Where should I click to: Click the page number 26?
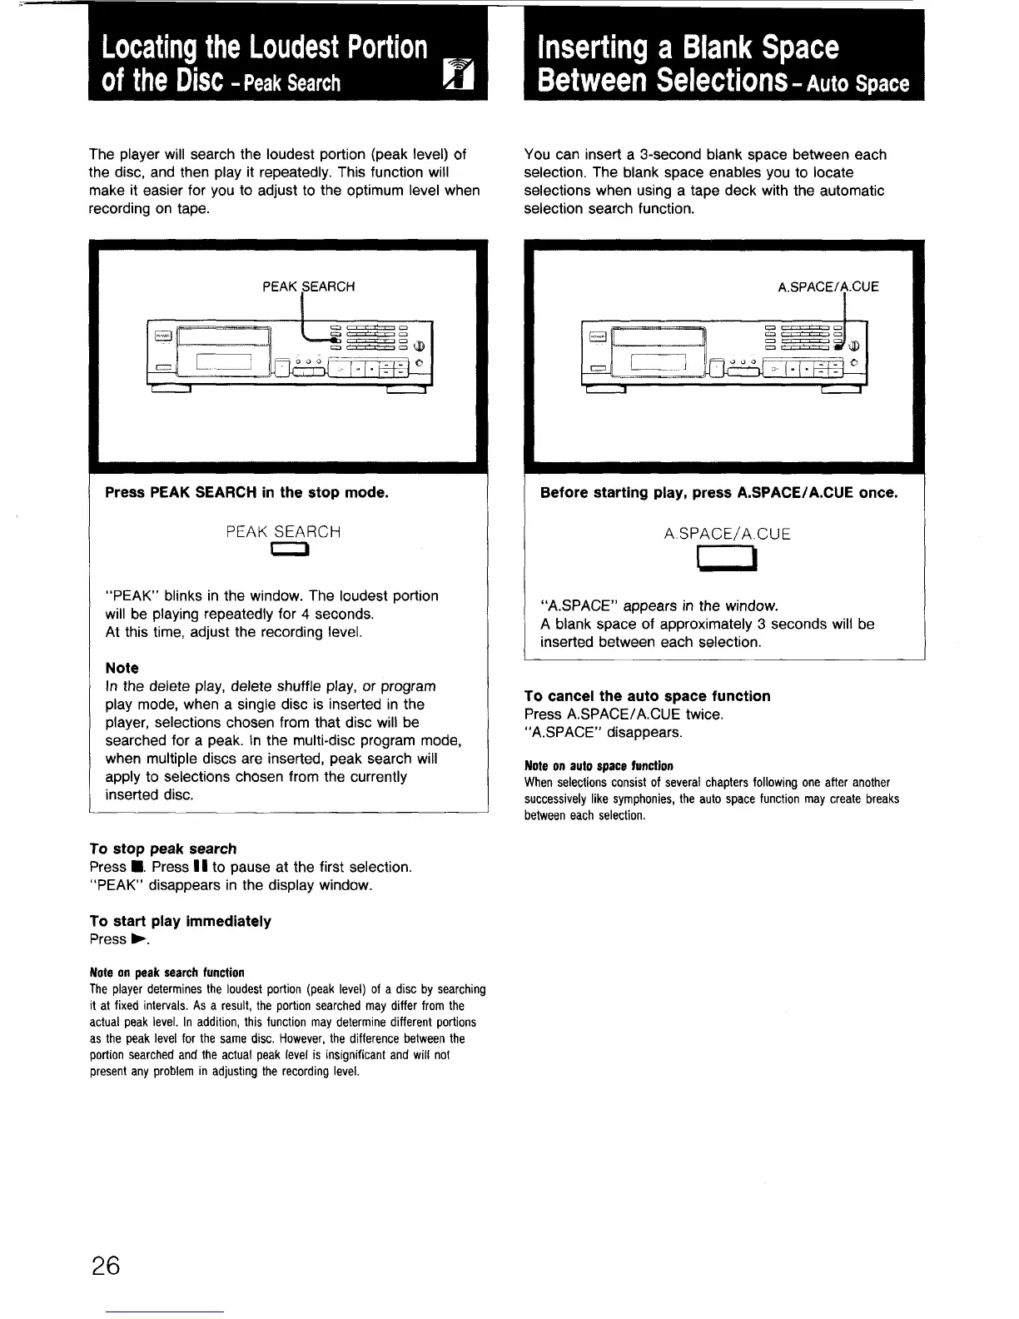point(107,1267)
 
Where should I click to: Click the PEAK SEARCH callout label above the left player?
point(308,286)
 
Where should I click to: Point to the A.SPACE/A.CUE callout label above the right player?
point(828,287)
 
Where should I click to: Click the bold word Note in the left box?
point(122,668)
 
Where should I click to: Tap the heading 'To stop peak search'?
point(163,849)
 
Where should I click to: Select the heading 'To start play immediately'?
point(181,921)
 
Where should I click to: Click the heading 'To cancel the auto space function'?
point(647,696)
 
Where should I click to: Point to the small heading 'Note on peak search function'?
point(167,973)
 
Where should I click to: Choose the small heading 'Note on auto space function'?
point(599,766)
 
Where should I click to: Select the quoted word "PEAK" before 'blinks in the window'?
point(132,596)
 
